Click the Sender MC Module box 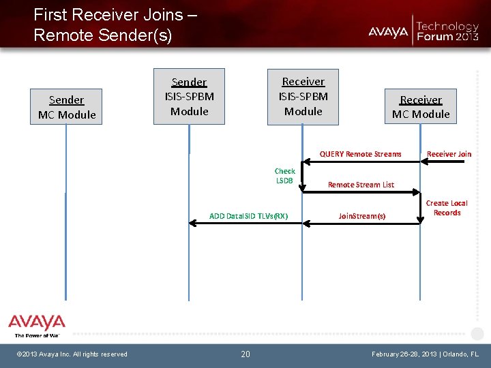coord(67,107)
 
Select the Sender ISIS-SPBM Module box coord(190,96)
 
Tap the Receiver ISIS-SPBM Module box coord(303,96)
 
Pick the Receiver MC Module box coord(420,107)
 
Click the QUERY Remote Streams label coord(361,154)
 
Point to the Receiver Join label coord(449,154)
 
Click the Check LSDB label coord(284,176)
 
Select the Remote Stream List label coord(361,185)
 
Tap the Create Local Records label coord(447,208)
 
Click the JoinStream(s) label coord(362,217)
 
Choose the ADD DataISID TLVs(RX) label coord(248,216)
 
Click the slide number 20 coord(245,354)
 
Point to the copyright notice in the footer coord(72,354)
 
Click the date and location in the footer coord(426,354)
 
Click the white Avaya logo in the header coord(388,31)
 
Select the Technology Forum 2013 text coord(447,31)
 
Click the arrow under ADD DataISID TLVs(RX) coord(245,223)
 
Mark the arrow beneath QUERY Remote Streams coord(361,162)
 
